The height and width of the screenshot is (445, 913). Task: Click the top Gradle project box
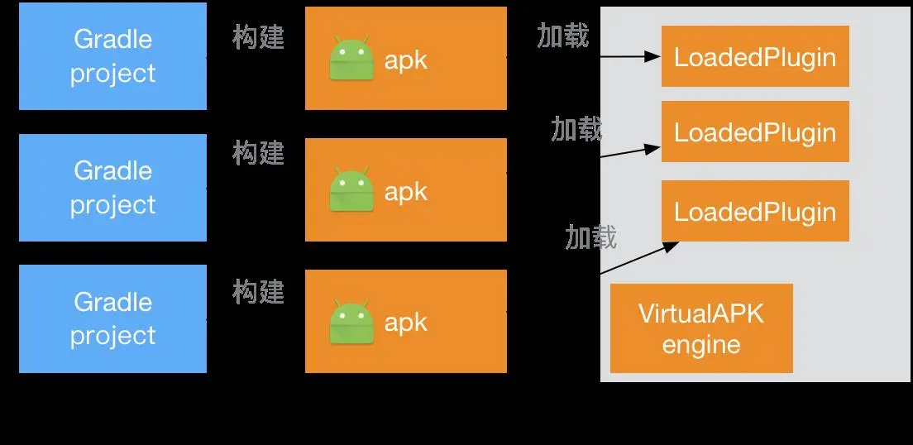point(112,56)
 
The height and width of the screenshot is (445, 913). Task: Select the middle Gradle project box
point(112,188)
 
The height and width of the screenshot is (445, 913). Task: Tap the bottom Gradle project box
point(112,318)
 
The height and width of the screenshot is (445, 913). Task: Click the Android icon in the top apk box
point(349,60)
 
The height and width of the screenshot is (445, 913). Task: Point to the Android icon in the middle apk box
point(349,191)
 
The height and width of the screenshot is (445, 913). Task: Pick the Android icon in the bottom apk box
point(349,322)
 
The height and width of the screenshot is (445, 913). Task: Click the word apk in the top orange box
point(406,60)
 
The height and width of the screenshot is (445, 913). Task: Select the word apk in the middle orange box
point(406,191)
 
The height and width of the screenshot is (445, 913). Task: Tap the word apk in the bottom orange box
point(406,322)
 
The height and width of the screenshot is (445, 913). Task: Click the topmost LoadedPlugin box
point(755,56)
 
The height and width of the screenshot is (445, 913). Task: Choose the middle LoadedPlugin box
point(755,132)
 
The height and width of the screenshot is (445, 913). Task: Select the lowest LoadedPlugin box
point(755,211)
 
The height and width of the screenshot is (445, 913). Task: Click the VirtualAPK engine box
point(701,328)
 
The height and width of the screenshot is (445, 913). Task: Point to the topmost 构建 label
point(259,37)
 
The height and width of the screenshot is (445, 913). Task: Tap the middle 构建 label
point(259,153)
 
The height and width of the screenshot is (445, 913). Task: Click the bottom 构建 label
point(259,292)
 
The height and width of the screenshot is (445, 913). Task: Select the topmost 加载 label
point(563,36)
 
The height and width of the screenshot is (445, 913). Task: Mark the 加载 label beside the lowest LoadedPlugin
point(591,237)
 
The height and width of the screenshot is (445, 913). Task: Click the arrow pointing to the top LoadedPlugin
point(630,57)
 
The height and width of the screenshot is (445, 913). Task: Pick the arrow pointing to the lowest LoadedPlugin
point(638,258)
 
